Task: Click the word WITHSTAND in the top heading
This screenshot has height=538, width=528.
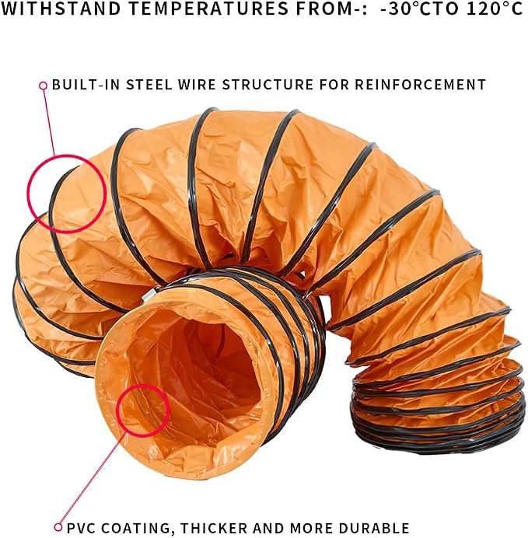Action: point(61,9)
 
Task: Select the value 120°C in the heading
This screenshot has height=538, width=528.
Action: point(495,9)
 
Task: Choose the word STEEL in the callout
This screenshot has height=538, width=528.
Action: point(149,85)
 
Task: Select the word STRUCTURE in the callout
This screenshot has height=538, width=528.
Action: point(267,85)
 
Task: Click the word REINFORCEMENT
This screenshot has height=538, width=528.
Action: point(420,85)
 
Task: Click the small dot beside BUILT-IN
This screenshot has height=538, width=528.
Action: point(43,85)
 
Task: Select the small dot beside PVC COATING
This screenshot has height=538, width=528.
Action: point(58,526)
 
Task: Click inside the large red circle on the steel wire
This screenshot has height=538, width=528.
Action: point(67,194)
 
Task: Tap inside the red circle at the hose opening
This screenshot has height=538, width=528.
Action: point(143,410)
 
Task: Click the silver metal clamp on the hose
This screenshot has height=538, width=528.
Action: point(149,295)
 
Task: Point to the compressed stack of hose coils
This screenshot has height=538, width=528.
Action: point(438,405)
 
